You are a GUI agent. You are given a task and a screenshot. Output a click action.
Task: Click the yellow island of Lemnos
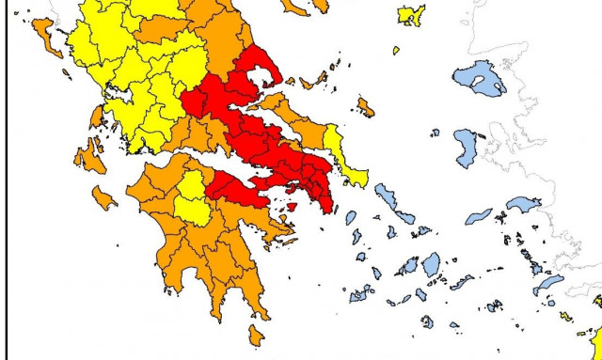(411, 15)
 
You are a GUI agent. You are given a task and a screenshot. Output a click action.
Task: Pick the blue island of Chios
(467, 146)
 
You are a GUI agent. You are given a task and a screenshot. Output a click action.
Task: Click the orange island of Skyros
(366, 107)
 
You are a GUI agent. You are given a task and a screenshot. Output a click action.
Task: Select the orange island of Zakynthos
(103, 198)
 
